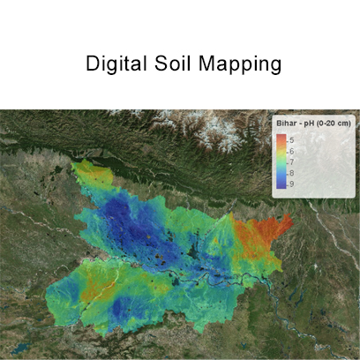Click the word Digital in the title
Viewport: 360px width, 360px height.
click(x=112, y=64)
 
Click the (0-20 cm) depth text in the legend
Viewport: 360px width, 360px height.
click(x=336, y=124)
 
